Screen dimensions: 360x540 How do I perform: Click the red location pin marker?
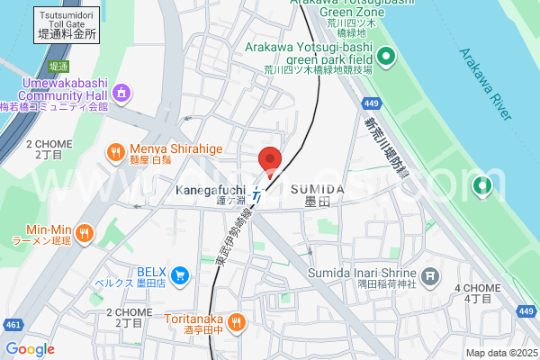(270, 160)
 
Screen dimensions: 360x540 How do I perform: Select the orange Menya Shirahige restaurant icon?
(115, 153)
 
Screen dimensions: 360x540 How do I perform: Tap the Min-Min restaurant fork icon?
(84, 234)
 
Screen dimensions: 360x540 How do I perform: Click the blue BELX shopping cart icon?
(180, 274)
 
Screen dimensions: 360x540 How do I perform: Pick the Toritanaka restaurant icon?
(236, 321)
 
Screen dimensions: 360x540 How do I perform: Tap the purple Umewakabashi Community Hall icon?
(121, 92)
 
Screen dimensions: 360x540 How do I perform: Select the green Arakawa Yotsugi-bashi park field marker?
(386, 59)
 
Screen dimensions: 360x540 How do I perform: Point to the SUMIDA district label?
(318, 189)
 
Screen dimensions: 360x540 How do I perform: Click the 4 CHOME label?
(477, 288)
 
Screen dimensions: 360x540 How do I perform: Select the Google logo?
(30, 349)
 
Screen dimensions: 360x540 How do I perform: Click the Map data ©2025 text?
(500, 353)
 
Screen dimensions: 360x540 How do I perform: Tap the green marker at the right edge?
(482, 186)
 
